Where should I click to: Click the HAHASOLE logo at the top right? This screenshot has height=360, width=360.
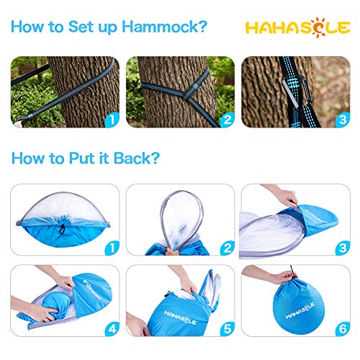tap(296, 28)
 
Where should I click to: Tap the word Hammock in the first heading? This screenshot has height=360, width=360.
tap(154, 28)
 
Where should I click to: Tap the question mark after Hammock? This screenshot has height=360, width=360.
tap(203, 28)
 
